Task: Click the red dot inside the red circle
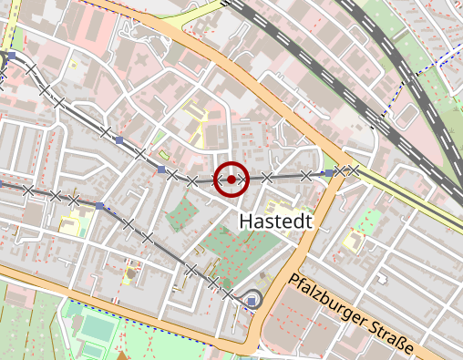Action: click(231, 180)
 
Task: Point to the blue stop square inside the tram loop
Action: click(252, 300)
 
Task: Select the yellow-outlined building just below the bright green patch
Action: click(355, 242)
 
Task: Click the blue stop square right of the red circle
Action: click(329, 172)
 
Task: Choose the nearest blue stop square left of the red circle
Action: click(162, 170)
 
